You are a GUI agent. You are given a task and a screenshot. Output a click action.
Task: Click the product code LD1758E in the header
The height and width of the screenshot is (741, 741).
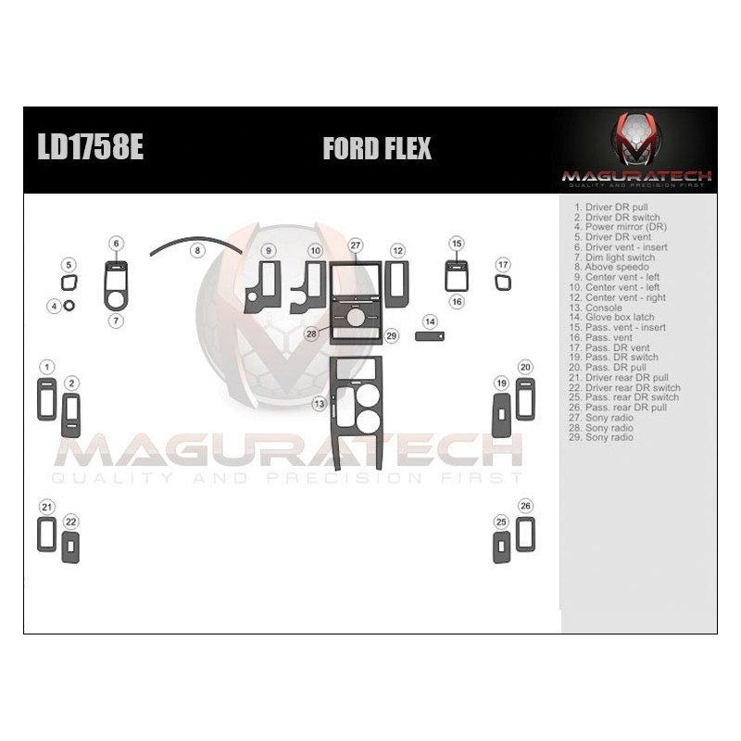point(90,148)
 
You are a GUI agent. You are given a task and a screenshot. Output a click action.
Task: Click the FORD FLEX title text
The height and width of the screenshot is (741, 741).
point(377,149)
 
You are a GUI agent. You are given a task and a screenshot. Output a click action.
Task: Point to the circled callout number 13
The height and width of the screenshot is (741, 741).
point(320,404)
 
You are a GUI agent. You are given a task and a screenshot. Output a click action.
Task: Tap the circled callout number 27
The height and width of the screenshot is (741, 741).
point(355,245)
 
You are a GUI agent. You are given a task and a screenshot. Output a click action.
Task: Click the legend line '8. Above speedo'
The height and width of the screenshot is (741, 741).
point(608,267)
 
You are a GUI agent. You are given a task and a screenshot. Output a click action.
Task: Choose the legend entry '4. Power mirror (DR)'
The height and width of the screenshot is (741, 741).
point(620,227)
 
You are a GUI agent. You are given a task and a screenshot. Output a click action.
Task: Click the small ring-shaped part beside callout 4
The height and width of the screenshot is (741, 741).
point(69,306)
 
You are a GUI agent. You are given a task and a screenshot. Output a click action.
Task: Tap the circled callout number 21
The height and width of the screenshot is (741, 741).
point(46,507)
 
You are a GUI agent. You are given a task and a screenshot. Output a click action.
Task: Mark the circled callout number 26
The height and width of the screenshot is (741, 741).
point(525,506)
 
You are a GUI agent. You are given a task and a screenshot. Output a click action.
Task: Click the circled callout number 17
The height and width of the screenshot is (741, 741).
point(503,265)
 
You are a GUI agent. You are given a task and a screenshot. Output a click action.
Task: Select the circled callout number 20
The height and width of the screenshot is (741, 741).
point(525,367)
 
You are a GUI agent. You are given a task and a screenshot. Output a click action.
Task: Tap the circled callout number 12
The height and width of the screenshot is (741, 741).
point(397,251)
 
